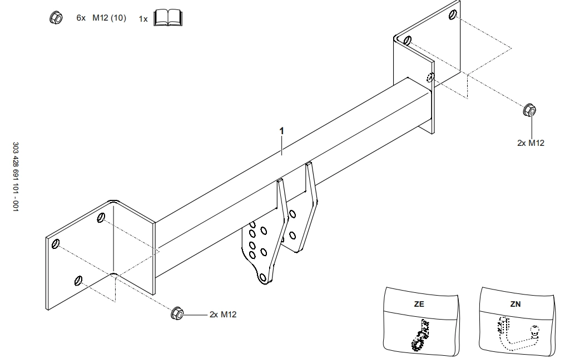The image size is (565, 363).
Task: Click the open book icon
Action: pos(168,18)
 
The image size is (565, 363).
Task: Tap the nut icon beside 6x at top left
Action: pos(56,18)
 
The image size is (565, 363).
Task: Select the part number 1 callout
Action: pos(281,130)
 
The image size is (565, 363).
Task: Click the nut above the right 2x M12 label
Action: pos(529,110)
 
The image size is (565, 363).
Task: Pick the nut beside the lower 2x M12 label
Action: pos(177,313)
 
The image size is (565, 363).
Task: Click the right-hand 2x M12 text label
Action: pos(531,143)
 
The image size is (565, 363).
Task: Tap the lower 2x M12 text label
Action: pos(223,315)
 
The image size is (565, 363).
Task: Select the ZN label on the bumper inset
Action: pos(516,305)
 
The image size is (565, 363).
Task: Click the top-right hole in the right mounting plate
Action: pos(454,14)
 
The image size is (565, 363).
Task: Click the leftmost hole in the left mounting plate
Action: pos(56,243)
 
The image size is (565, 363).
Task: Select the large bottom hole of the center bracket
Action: pos(262,276)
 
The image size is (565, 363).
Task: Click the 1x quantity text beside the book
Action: pos(143,19)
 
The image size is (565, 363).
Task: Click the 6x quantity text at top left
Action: pos(81,18)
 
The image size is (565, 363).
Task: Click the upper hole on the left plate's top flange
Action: pos(101,217)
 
